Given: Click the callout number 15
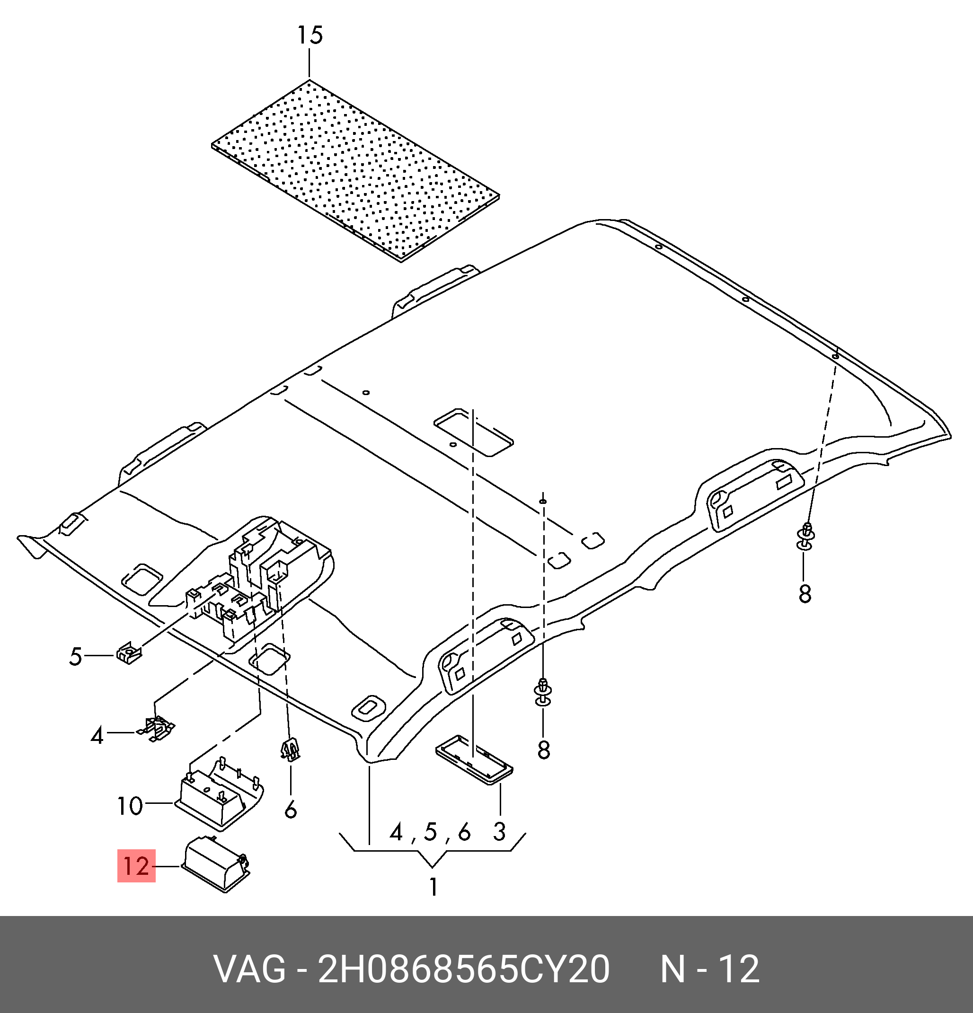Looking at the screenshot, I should click(x=310, y=35).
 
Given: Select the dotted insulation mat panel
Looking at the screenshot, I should click(x=356, y=170).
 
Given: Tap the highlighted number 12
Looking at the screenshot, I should click(x=136, y=866).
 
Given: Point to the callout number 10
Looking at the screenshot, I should click(x=129, y=806).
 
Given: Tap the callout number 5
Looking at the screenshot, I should click(x=75, y=656).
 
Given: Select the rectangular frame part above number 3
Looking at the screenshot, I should click(x=474, y=759).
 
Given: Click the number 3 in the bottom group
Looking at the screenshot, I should click(x=499, y=832).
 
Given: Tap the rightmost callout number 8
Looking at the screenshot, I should click(x=805, y=594).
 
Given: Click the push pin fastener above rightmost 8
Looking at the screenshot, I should click(x=806, y=537).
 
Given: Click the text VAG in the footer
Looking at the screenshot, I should click(x=250, y=969).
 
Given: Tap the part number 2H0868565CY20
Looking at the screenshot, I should click(x=463, y=969).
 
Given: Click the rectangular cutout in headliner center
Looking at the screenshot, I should click(x=473, y=432).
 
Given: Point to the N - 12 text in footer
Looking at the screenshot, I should click(x=709, y=969).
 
